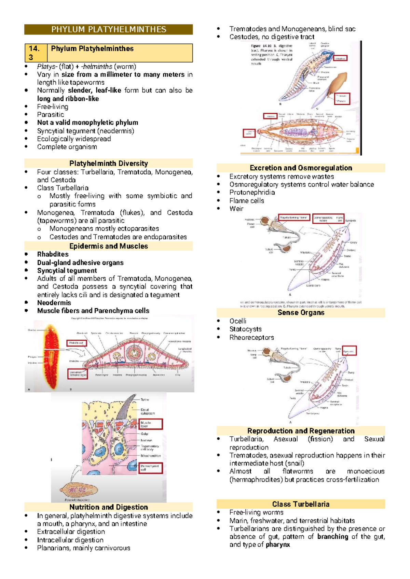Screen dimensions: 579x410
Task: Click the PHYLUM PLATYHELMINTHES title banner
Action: click(x=108, y=29)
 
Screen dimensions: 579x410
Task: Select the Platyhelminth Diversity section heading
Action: click(x=108, y=163)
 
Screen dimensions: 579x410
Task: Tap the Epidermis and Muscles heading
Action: click(x=108, y=246)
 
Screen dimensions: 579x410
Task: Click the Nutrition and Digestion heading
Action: click(x=108, y=507)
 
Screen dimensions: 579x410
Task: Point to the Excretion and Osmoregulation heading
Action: click(x=301, y=168)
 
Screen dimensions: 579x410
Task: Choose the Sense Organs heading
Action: click(x=301, y=312)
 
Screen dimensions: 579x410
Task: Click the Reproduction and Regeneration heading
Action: click(x=301, y=430)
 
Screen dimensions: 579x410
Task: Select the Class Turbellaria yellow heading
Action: click(x=301, y=504)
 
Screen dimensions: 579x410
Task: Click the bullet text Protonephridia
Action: click(x=252, y=192)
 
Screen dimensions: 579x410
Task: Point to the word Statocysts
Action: click(x=245, y=329)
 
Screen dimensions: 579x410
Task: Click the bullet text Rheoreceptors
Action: click(x=251, y=337)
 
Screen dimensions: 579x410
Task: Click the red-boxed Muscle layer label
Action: click(x=151, y=424)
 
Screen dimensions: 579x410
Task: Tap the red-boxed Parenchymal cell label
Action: click(x=151, y=468)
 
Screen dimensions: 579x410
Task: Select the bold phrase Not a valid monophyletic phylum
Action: click(x=87, y=123)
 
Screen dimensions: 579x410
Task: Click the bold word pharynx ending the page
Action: click(x=277, y=545)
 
